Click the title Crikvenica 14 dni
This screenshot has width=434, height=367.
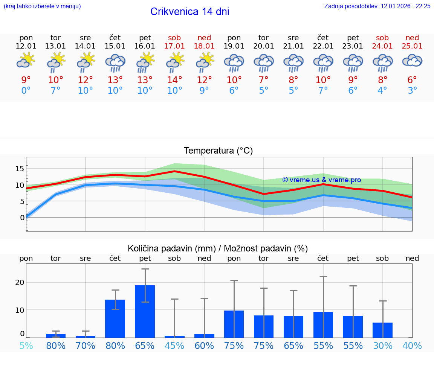(189, 12)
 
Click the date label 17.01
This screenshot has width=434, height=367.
(174, 46)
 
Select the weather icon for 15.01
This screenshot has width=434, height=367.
(115, 63)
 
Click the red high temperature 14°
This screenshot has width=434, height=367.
(174, 80)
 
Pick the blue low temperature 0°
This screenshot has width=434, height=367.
(26, 91)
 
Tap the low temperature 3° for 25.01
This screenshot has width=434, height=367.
(412, 91)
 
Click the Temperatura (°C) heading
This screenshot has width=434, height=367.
(218, 151)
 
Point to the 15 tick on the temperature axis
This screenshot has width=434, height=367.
(20, 169)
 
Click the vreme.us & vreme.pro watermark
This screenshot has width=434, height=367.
(321, 180)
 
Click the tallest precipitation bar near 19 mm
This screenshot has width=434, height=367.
(145, 311)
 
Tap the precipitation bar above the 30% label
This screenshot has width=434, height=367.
(382, 330)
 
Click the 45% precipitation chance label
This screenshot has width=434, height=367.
(174, 346)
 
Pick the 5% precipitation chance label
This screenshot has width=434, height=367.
(26, 346)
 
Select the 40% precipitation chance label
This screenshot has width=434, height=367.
(412, 346)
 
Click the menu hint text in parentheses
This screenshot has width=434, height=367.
(42, 6)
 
